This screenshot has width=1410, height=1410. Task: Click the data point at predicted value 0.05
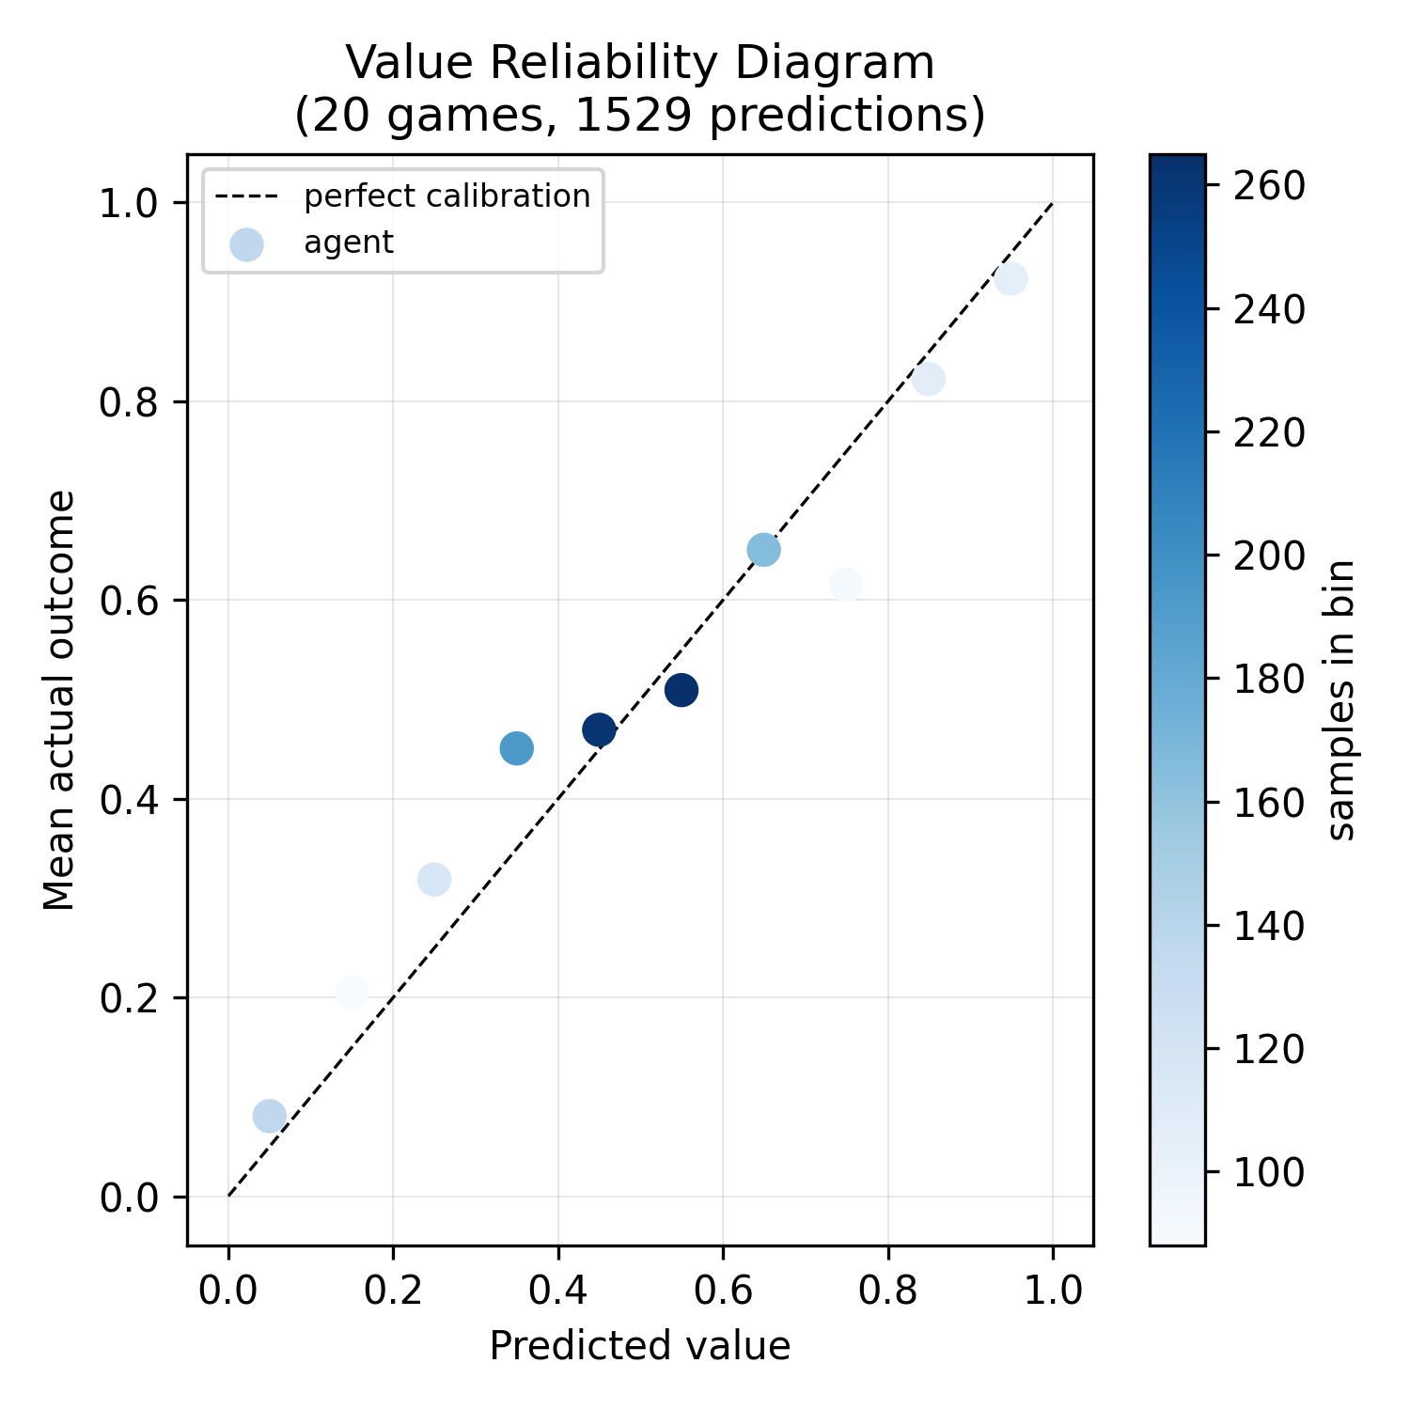point(270,1117)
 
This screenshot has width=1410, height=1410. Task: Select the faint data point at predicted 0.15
point(352,993)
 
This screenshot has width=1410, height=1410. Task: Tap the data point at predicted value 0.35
point(516,748)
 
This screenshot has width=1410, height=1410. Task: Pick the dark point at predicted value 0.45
point(599,729)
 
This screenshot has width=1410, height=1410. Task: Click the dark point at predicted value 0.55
point(681,690)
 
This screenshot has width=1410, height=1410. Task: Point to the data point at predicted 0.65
point(763,550)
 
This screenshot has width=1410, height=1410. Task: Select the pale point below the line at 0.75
point(846,585)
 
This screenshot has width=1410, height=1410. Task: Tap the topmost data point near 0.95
point(1010,279)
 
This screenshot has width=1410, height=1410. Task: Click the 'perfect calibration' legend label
point(446,196)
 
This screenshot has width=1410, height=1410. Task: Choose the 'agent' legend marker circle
point(246,244)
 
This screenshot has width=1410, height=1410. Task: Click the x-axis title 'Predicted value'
point(640,1345)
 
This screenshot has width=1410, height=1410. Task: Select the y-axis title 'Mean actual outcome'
point(60,699)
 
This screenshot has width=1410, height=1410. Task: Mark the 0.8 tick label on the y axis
point(131,402)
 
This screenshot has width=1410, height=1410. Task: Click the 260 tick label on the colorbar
point(1269,186)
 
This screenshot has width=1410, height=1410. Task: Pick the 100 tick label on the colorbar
point(1269,1173)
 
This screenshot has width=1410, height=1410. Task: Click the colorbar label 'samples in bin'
point(1341,699)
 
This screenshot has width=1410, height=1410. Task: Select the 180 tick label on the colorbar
point(1269,680)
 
